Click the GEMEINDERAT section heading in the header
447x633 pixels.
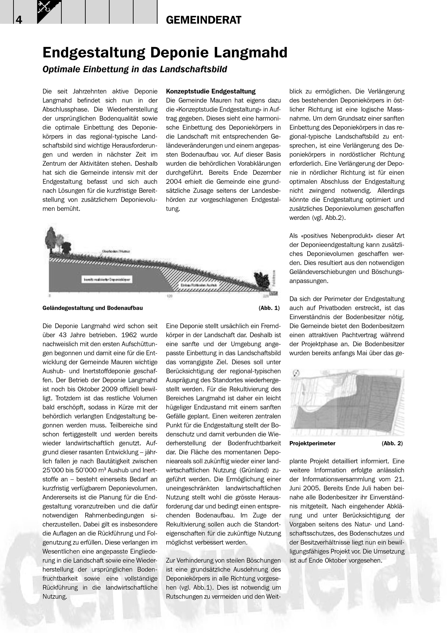203,20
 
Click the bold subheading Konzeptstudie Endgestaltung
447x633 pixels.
210,91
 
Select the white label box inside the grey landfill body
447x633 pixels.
107,279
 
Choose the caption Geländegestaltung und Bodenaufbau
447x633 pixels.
92,308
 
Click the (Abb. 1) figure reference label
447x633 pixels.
269,308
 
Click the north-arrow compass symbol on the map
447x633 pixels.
296,373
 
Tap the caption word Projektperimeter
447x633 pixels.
312,443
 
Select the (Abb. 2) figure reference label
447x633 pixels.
392,443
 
